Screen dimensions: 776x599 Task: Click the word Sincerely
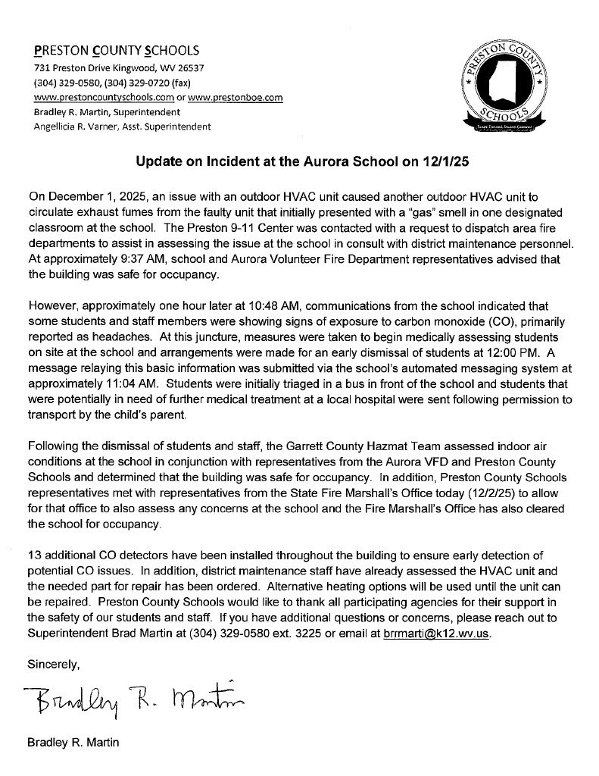pyautogui.click(x=53, y=665)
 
